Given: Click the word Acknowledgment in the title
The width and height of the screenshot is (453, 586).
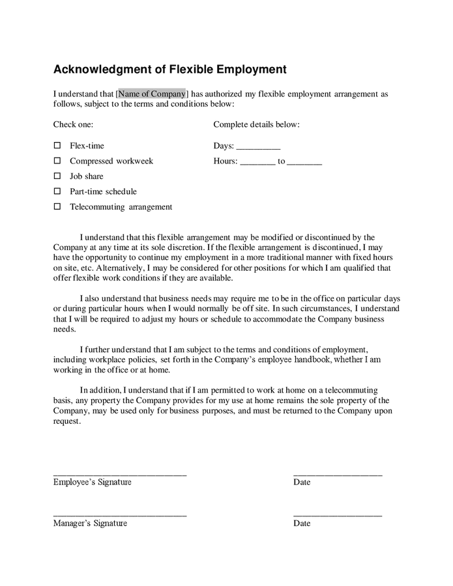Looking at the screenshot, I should [96, 68].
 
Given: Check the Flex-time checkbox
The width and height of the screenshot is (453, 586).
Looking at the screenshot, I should [57, 145].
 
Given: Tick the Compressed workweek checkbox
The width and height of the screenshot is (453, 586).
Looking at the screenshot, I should [57, 161].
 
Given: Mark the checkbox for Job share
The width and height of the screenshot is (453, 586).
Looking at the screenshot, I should [57, 176].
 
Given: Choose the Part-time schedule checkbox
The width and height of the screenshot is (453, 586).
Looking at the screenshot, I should [57, 191].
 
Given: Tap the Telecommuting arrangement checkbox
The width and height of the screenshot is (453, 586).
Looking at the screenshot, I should [57, 206].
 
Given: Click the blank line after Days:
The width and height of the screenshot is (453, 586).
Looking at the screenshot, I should [258, 148].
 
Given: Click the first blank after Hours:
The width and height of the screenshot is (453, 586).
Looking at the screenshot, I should [257, 163].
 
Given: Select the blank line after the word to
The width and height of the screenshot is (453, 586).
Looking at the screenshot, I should [304, 163].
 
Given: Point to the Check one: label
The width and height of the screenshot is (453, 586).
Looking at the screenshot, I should [73, 124].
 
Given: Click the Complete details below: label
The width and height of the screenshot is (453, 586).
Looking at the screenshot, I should [256, 124].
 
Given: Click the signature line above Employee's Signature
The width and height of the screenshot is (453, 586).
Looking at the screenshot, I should [120, 475].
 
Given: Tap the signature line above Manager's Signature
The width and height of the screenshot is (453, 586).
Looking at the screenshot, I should [120, 516].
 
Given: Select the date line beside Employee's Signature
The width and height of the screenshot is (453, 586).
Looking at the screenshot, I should [338, 475].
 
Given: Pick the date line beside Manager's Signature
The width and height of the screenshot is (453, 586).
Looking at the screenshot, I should [338, 516].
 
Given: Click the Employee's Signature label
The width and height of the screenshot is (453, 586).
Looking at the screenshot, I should [92, 482].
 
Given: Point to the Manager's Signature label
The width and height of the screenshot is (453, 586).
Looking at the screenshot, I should [90, 523].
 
